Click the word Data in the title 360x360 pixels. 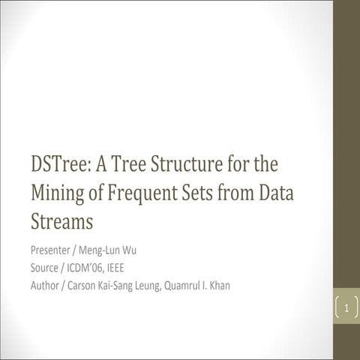tap(275, 193)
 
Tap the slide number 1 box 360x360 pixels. tap(346, 307)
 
